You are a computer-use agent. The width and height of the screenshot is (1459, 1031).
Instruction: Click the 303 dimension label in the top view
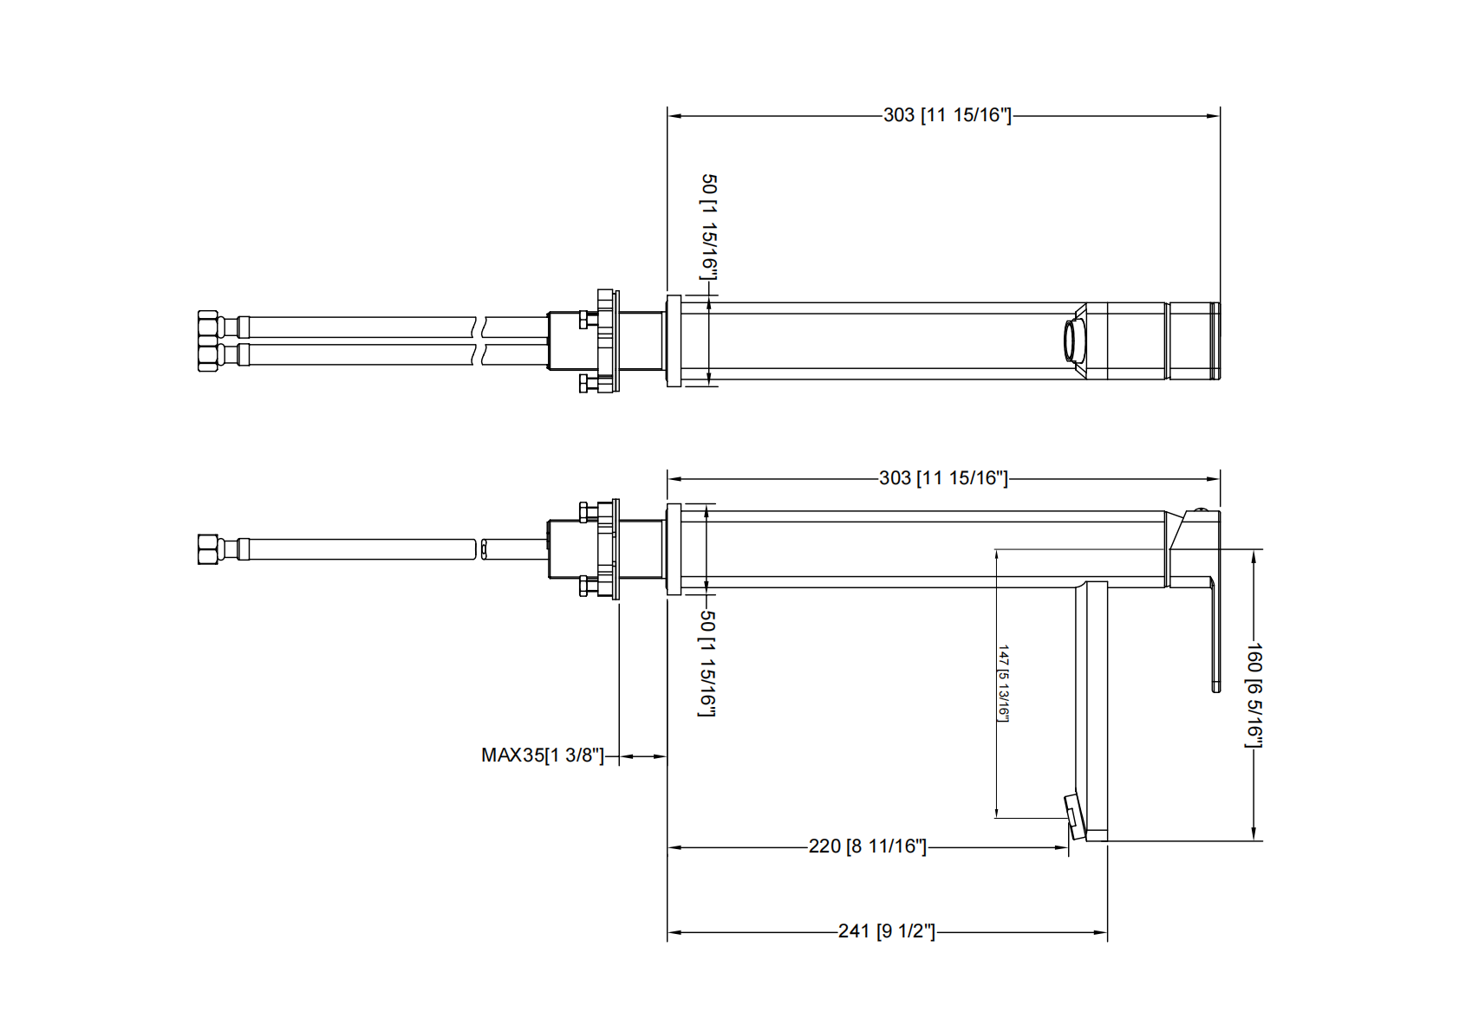pos(947,115)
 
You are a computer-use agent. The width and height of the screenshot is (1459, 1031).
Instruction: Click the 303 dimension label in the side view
pos(943,478)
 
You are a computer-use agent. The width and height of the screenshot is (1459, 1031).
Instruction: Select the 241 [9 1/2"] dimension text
pos(887,931)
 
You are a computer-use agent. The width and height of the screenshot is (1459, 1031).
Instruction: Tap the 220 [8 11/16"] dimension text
pos(867,846)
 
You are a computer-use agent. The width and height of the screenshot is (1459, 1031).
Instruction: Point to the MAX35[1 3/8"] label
pos(542,755)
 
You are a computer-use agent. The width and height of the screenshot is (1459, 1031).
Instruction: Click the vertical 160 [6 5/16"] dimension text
pos(1254,695)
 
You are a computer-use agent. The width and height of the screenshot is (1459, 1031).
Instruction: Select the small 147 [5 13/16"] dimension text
pos(1003,683)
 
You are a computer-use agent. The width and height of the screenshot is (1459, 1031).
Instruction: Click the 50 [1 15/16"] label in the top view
pos(709,227)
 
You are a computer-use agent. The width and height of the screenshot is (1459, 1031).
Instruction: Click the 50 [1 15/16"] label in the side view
pos(707,663)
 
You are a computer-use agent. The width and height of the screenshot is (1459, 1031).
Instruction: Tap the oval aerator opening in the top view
pos(1073,340)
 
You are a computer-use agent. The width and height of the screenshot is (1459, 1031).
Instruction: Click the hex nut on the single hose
pos(208,549)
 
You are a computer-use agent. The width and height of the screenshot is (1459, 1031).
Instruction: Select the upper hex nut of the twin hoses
pos(208,327)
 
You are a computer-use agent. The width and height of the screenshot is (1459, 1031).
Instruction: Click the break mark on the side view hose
pos(479,549)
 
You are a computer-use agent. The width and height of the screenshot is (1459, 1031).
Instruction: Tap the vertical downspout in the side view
pos(1096,710)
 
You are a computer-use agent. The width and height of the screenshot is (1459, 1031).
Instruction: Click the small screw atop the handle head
pos(1201,510)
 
